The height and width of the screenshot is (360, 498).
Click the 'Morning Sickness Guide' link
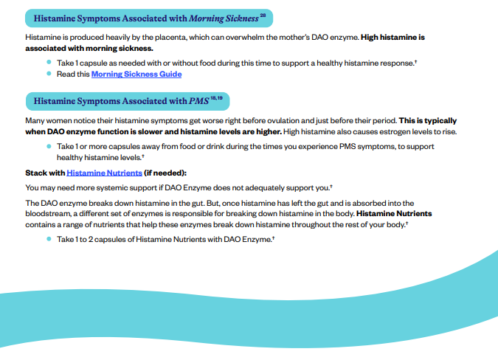coord(136,74)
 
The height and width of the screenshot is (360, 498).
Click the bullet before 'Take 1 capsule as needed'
coord(49,63)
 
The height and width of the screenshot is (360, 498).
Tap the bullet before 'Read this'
coord(49,74)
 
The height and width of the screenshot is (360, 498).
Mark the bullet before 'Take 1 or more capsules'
coord(49,146)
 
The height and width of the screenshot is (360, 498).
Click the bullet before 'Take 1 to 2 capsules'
coord(49,240)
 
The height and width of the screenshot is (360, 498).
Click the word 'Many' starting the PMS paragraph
coord(35,120)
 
